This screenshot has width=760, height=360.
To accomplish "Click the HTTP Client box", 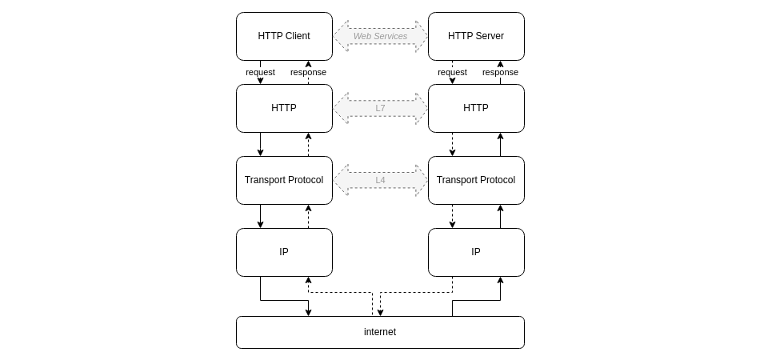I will [284, 36].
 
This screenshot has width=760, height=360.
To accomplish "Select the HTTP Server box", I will [476, 36].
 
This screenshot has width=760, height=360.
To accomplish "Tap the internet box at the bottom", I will [380, 332].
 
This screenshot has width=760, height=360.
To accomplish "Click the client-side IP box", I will [284, 252].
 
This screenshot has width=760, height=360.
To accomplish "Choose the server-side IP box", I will [476, 252].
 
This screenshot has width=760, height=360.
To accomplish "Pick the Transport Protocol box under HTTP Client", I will [284, 180].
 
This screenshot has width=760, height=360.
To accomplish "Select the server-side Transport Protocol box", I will [476, 180].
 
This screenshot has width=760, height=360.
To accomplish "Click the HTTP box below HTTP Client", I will [284, 108].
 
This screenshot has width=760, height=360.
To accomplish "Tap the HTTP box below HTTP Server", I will [476, 108].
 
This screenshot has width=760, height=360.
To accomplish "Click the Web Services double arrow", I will [380, 36].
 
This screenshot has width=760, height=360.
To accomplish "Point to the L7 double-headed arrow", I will [380, 108].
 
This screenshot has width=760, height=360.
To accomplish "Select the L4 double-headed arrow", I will [380, 180].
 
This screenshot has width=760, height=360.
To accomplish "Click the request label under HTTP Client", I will [260, 72].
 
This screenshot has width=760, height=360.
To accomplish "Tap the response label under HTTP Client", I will [308, 72].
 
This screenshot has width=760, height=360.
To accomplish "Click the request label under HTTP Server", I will [452, 72].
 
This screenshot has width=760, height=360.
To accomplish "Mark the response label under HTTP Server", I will [500, 72].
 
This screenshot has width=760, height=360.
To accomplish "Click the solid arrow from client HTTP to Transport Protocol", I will [260, 144].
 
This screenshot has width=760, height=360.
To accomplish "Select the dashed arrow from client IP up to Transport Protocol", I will [308, 216].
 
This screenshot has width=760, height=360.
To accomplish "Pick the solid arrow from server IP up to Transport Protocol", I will [500, 216].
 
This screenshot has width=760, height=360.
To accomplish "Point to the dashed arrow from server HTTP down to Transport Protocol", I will [452, 144].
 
